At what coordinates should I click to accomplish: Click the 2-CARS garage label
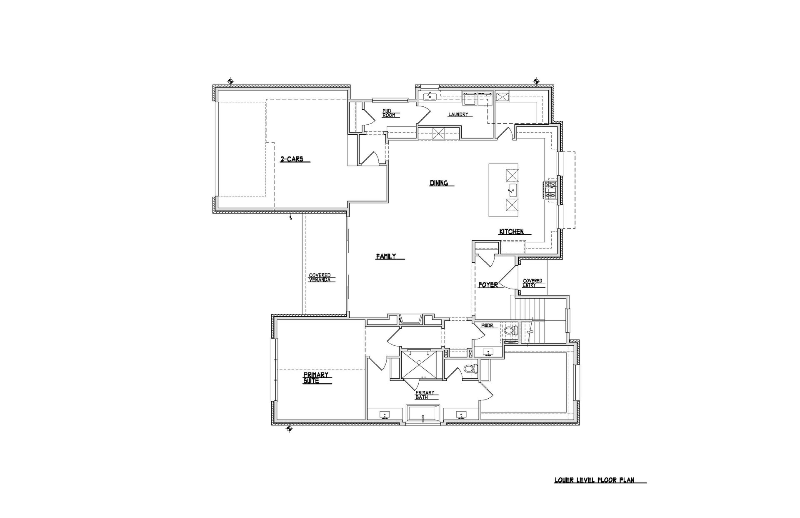pyautogui.click(x=292, y=159)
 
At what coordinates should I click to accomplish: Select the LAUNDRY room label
pyautogui.click(x=458, y=114)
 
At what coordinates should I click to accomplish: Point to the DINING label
pyautogui.click(x=439, y=183)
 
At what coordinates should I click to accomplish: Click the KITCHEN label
pyautogui.click(x=512, y=231)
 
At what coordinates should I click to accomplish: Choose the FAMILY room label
pyautogui.click(x=386, y=256)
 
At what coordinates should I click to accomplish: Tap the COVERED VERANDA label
pyautogui.click(x=320, y=277)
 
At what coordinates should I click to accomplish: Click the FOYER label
pyautogui.click(x=488, y=285)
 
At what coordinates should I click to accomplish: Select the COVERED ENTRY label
pyautogui.click(x=532, y=283)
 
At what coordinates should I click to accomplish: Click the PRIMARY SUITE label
pyautogui.click(x=317, y=378)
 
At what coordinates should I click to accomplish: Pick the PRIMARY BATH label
pyautogui.click(x=425, y=395)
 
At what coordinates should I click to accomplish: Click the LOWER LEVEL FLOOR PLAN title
pyautogui.click(x=594, y=480)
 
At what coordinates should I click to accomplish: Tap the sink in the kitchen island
pyautogui.click(x=512, y=190)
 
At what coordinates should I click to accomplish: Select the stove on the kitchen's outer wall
pyautogui.click(x=550, y=190)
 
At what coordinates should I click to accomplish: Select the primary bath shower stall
pyautogui.click(x=421, y=365)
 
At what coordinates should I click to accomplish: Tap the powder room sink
pyautogui.click(x=488, y=353)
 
